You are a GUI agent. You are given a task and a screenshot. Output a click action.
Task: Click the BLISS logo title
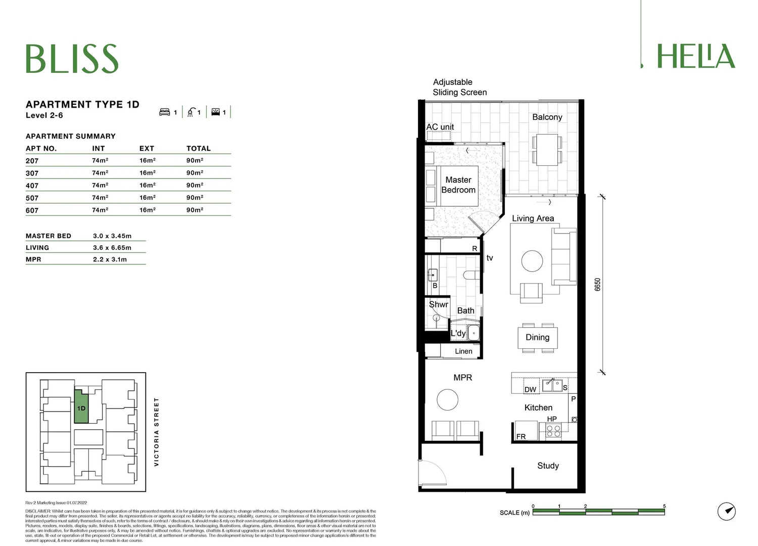pyautogui.click(x=72, y=59)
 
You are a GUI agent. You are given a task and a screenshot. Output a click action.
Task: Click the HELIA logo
pyautogui.click(x=695, y=56)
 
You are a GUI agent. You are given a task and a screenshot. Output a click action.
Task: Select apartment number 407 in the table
pyautogui.click(x=32, y=186)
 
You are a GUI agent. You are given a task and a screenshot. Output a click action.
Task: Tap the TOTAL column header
pyautogui.click(x=198, y=148)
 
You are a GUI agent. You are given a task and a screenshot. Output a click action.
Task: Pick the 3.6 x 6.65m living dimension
pyautogui.click(x=112, y=248)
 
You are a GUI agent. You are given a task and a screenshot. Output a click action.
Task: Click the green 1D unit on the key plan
pyautogui.click(x=81, y=407)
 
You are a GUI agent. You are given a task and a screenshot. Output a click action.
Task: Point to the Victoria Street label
pyautogui.click(x=156, y=432)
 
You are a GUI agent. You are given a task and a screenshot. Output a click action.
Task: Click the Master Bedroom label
pyautogui.click(x=458, y=185)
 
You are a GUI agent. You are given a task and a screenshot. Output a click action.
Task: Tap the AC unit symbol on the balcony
pyautogui.click(x=438, y=135)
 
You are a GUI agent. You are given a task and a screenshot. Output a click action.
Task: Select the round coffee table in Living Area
pyautogui.click(x=532, y=261)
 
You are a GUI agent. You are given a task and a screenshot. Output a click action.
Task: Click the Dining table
pyautogui.click(x=537, y=337)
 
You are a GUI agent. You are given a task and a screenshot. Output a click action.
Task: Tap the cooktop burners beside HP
pyautogui.click(x=553, y=431)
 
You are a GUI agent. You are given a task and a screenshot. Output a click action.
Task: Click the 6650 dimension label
pyautogui.click(x=597, y=284)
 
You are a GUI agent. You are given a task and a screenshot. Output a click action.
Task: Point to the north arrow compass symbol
pyautogui.click(x=727, y=511)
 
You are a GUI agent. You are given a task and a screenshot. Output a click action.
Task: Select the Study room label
pyautogui.click(x=548, y=466)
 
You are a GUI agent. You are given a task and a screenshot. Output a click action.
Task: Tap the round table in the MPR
pyautogui.click(x=447, y=399)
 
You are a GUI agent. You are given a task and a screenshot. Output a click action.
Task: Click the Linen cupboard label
pyautogui.click(x=463, y=351)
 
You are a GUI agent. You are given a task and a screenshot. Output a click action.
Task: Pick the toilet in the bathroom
pyautogui.click(x=471, y=275)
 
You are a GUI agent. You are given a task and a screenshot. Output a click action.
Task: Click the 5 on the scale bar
pyautogui.click(x=664, y=506)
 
